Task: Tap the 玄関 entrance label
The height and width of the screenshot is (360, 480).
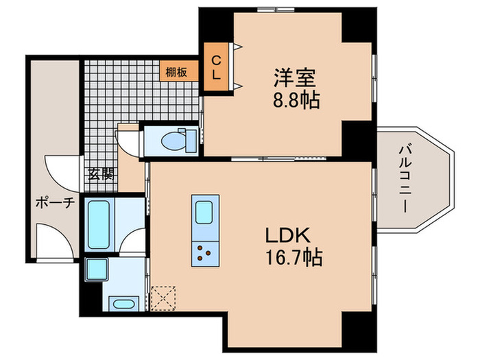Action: (x=100, y=173)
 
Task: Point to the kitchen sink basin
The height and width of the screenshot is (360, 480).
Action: (x=205, y=213)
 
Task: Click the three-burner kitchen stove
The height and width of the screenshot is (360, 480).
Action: (x=204, y=252)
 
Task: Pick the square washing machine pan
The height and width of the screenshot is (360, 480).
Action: (x=94, y=269)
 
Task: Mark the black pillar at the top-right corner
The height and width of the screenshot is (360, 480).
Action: (x=359, y=27)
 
